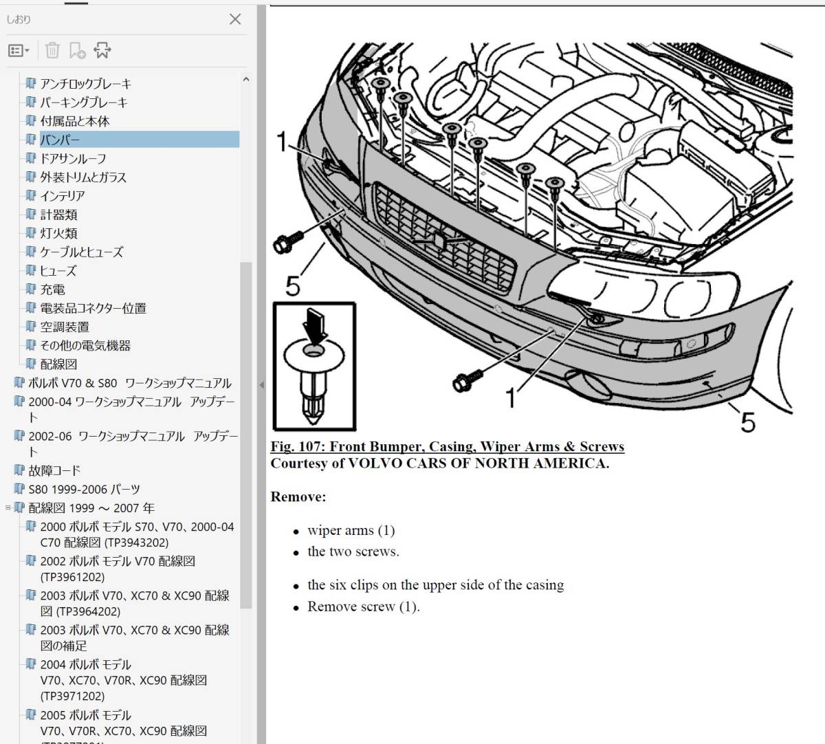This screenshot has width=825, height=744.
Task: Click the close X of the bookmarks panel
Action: coord(235,19)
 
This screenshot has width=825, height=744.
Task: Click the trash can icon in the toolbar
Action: coord(52,50)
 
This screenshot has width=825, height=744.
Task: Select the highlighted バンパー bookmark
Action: coord(60,140)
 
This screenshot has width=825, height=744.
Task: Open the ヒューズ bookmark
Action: coord(58,271)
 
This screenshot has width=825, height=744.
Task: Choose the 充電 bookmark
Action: coord(52,289)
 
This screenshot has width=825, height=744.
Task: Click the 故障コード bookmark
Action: coord(54,470)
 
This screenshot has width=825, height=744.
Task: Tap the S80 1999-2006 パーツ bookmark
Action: coord(85,490)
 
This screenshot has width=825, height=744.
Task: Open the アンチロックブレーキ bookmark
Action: coord(85,84)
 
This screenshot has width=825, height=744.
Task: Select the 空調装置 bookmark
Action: coord(65,327)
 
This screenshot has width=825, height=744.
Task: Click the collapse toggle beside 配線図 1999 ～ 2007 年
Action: coord(8,507)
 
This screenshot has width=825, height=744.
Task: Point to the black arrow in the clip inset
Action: coord(314,327)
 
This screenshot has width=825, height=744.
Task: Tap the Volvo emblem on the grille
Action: coord(439,241)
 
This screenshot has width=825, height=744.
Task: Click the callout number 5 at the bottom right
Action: coord(748,422)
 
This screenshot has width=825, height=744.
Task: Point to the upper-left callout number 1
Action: coord(282,142)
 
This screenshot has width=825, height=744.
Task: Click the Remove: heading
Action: coord(298,496)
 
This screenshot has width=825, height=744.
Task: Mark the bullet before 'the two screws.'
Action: coord(296,554)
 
